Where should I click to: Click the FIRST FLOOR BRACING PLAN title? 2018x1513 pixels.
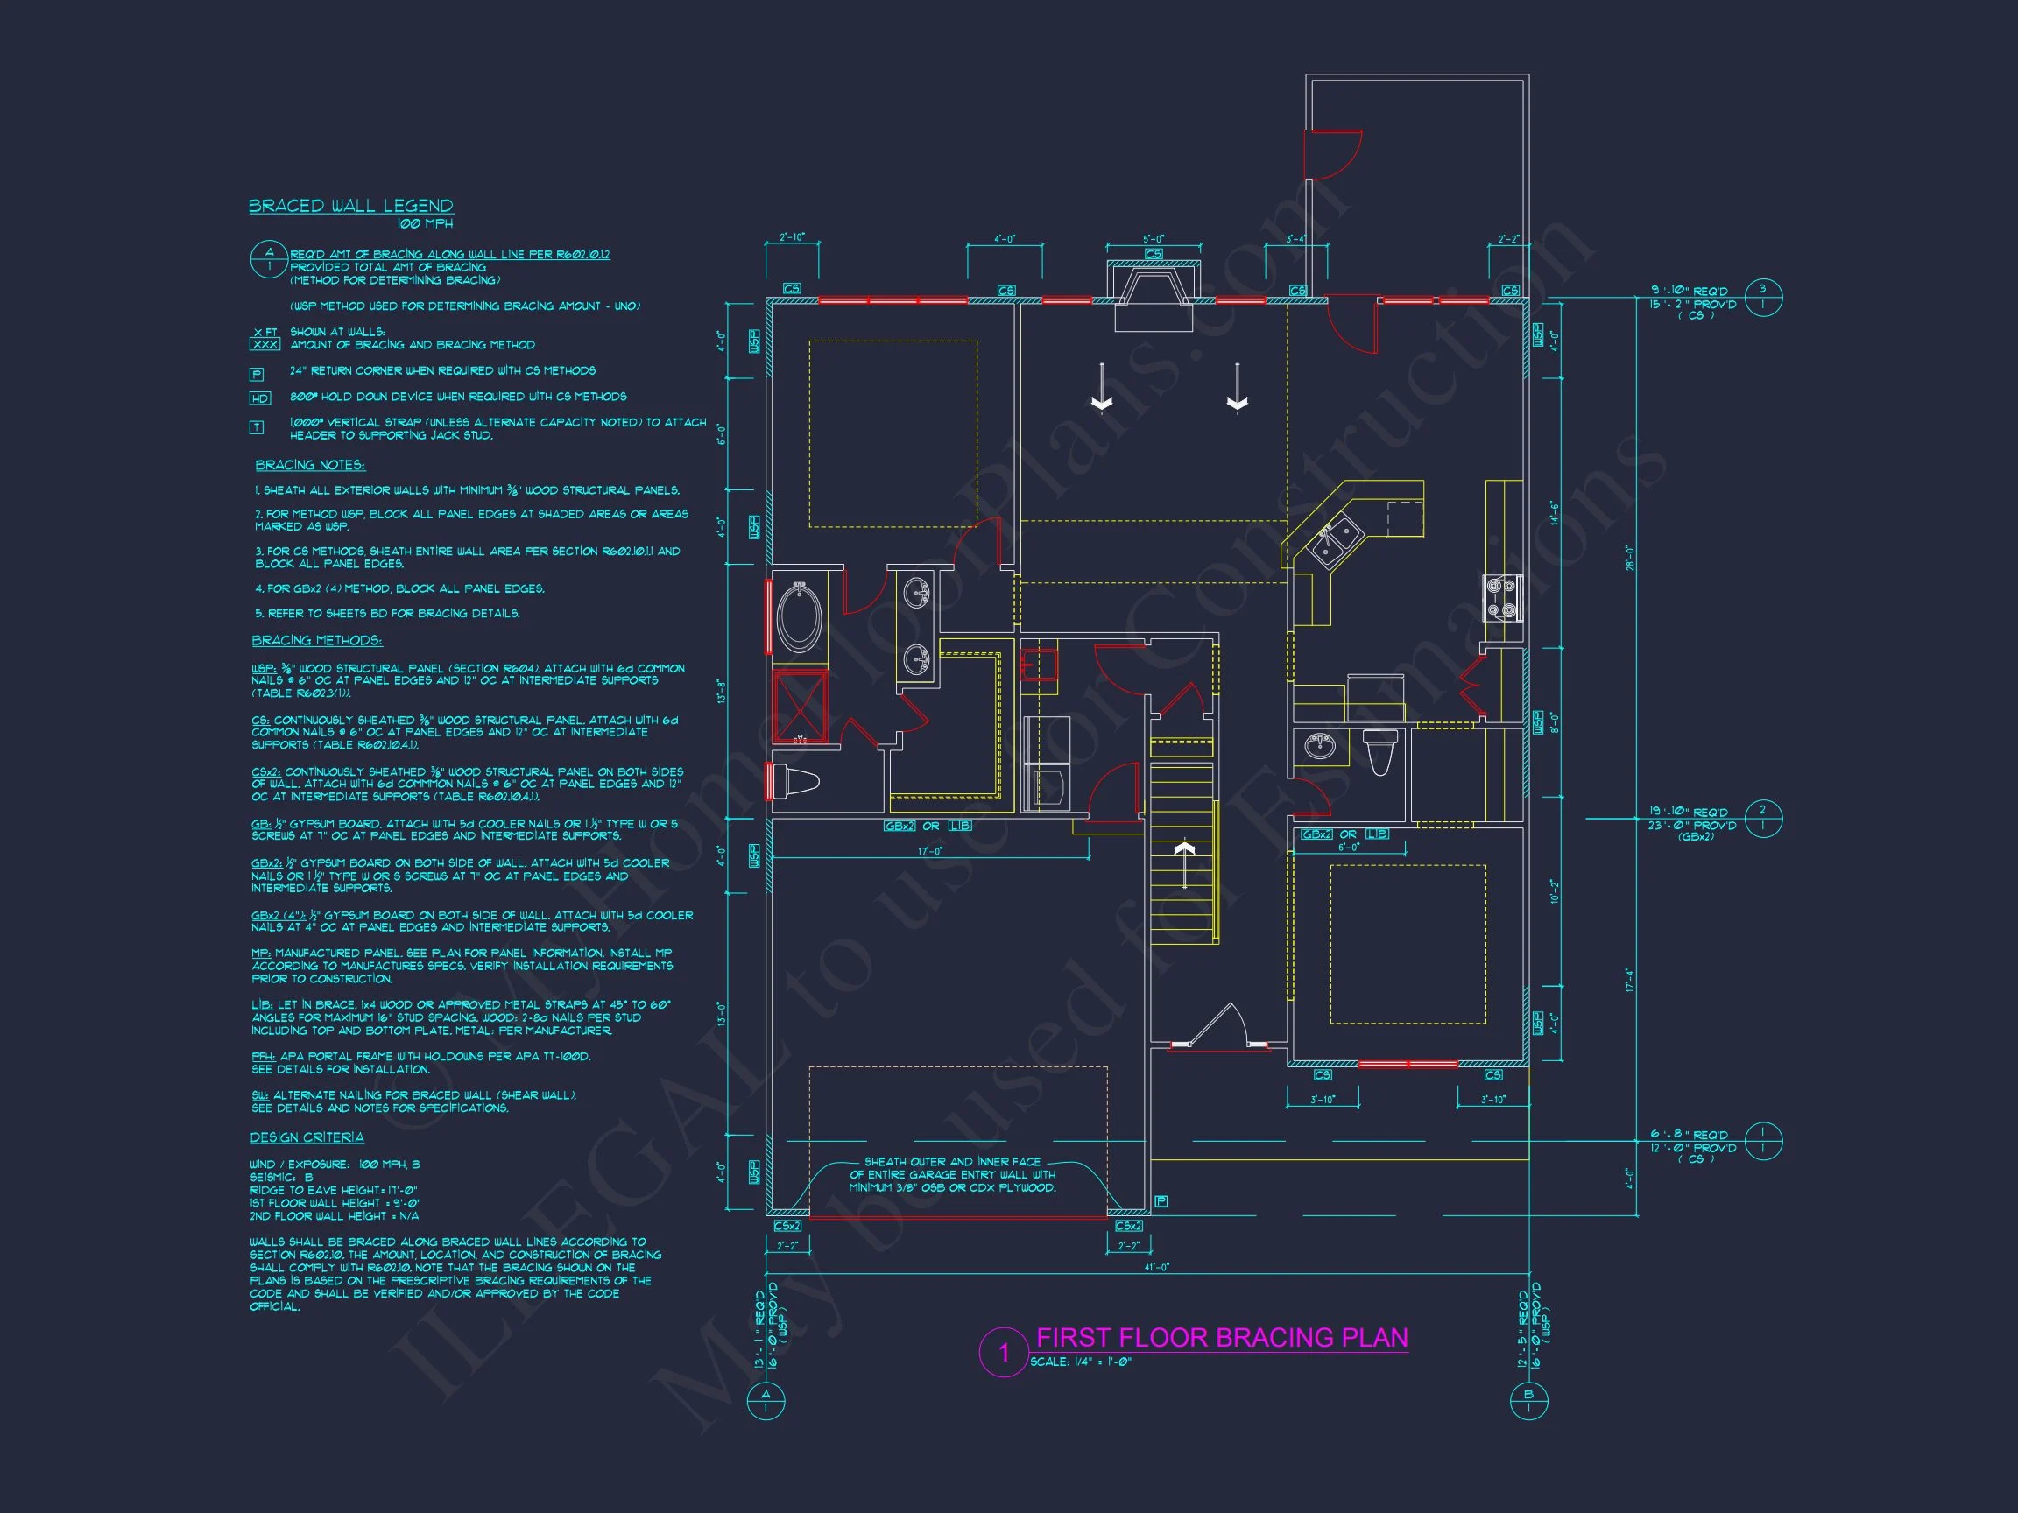tap(1222, 1338)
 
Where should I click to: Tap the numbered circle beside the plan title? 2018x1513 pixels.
tap(1004, 1352)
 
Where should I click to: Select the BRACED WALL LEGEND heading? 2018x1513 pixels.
tap(351, 206)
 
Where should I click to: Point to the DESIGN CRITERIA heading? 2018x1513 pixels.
tap(307, 1137)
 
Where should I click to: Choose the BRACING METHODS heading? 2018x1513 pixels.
tap(317, 640)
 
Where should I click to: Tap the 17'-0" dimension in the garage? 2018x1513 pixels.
tap(929, 852)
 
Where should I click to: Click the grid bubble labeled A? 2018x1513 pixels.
tap(766, 1400)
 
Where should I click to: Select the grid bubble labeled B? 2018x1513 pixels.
tap(1529, 1400)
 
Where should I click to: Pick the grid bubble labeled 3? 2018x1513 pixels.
tap(1762, 297)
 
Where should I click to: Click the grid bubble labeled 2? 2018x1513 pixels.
tap(1762, 817)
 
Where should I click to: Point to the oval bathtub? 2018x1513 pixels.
tap(799, 618)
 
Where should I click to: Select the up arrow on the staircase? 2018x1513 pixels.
tap(1184, 860)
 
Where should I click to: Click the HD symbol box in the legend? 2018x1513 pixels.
tap(259, 398)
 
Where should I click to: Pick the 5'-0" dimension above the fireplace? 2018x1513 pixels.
tap(1154, 240)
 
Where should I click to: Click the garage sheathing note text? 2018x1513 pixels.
tap(951, 1175)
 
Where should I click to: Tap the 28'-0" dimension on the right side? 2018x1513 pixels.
tap(1628, 557)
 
